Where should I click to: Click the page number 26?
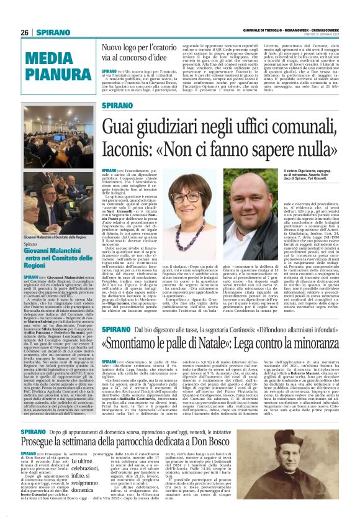[x=25, y=32]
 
